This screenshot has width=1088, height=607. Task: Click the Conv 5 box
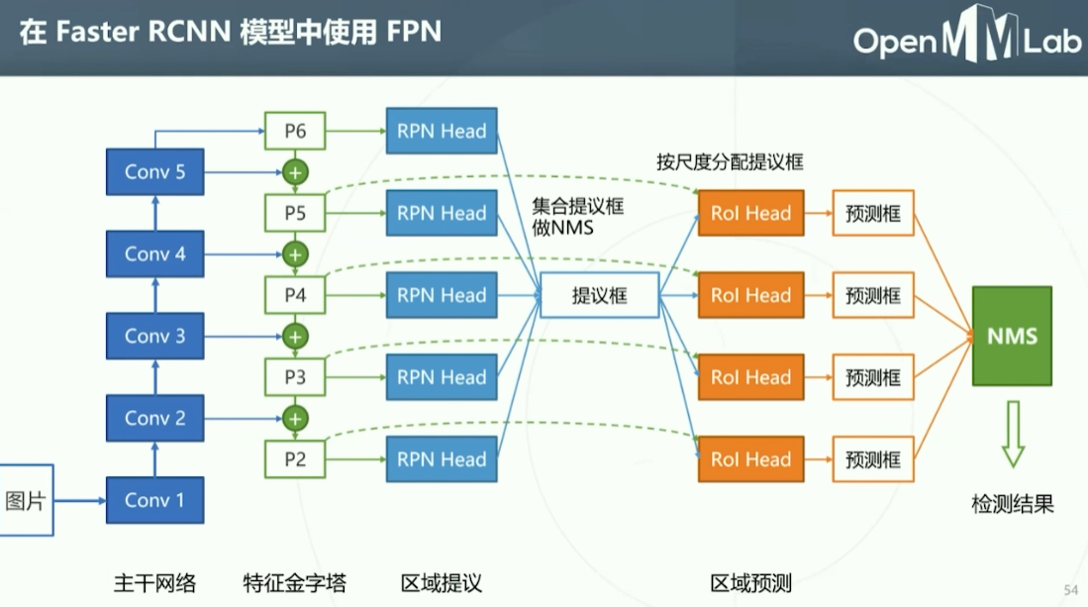(x=154, y=172)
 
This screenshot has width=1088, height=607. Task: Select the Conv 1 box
(x=154, y=500)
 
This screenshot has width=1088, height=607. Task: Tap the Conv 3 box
(x=154, y=336)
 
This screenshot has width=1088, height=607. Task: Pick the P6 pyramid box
(x=295, y=131)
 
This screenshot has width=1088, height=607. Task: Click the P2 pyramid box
(x=295, y=458)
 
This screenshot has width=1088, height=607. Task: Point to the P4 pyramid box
(x=295, y=295)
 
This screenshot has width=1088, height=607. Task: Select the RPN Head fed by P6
(x=442, y=131)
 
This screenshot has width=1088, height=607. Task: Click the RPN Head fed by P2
(x=442, y=458)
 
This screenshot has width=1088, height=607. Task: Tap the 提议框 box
(x=599, y=295)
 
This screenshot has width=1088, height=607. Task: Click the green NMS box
(x=1012, y=336)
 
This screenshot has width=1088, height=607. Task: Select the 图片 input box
(x=26, y=501)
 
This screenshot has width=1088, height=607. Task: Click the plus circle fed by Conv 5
(x=295, y=172)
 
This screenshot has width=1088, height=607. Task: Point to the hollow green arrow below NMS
(x=1012, y=434)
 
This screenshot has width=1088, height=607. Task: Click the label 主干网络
(x=154, y=582)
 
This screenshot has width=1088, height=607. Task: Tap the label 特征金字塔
(x=294, y=582)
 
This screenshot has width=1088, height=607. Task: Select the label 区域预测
(x=750, y=582)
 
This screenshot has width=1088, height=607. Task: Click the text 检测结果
(x=1012, y=504)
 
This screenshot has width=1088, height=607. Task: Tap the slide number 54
(x=1070, y=590)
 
